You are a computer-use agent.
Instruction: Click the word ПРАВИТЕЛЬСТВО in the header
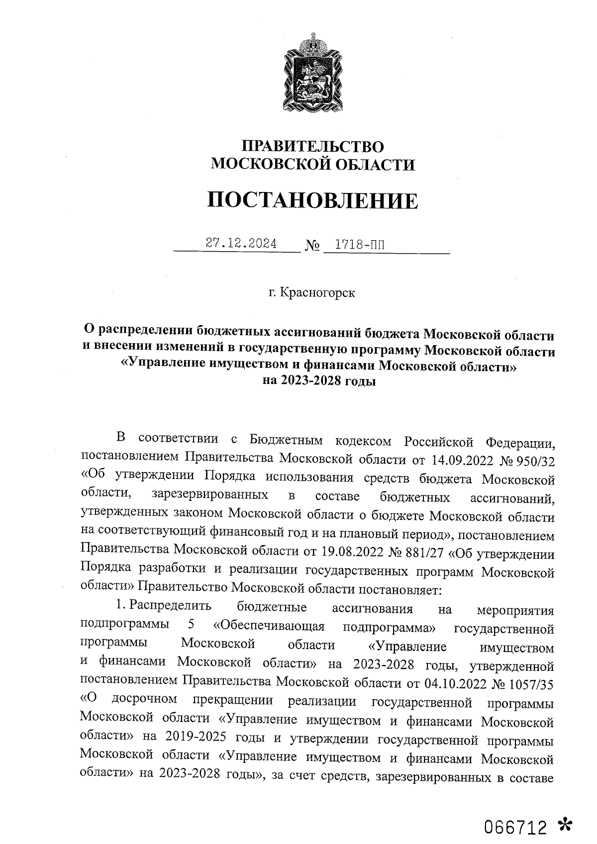(312, 146)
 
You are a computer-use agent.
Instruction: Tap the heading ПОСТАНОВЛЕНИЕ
(312, 200)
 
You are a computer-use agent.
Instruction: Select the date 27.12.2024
(242, 244)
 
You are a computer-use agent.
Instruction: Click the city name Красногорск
(318, 292)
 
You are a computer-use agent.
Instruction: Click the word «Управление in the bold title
(159, 366)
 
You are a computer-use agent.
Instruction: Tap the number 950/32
(536, 460)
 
